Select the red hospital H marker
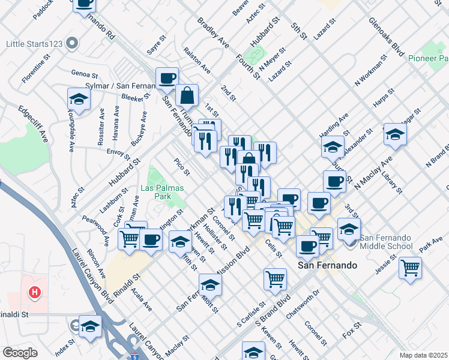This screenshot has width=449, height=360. click(x=35, y=292)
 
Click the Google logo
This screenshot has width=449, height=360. click(x=19, y=353)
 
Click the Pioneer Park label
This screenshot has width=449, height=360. click(x=428, y=58)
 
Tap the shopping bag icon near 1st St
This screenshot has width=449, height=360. click(x=187, y=94)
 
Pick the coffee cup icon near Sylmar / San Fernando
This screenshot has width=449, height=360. click(x=167, y=77)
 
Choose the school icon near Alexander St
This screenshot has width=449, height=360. click(x=333, y=146)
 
